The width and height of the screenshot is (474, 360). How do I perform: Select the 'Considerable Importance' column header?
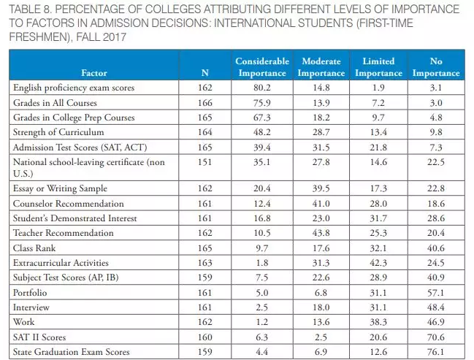pos(262,67)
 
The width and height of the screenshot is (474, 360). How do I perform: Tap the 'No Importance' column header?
pos(436,67)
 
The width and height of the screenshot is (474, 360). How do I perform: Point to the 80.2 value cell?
pos(262,88)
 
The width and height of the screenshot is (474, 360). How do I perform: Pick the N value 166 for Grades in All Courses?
pos(204,102)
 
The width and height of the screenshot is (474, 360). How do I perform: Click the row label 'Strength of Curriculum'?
pos(52,132)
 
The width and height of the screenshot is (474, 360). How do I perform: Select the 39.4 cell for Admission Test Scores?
pos(262,147)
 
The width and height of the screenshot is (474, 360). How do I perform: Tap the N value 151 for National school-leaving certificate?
pos(204,161)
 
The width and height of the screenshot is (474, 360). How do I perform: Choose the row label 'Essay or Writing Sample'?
pos(55,188)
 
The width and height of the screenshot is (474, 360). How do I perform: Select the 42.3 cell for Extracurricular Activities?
pos(378,263)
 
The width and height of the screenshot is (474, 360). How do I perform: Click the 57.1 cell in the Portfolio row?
pos(436,292)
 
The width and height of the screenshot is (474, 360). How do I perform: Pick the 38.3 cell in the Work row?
pos(378,322)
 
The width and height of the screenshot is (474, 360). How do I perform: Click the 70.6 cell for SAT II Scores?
pos(436,337)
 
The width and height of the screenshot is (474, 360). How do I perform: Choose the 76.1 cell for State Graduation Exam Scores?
pos(436,352)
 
